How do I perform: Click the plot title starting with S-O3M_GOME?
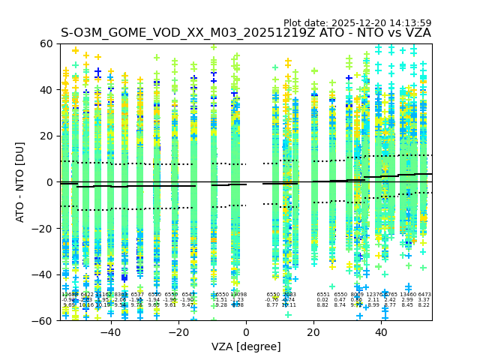pos(246,33)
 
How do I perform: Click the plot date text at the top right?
pos(357,23)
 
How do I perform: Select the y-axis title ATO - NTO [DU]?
pos(21,182)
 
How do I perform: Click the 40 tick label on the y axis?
pos(46,90)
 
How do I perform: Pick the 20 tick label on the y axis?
pos(46,136)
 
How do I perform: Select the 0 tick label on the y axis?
pos(49,182)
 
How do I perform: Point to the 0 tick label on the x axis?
pos(246,332)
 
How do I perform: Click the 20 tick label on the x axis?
pos(313,332)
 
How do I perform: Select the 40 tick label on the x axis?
pos(381,332)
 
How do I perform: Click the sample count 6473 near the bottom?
pos(424,295)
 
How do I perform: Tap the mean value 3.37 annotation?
pos(424,300)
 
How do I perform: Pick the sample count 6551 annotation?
pos(323,295)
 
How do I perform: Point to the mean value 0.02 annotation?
pos(323,300)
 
